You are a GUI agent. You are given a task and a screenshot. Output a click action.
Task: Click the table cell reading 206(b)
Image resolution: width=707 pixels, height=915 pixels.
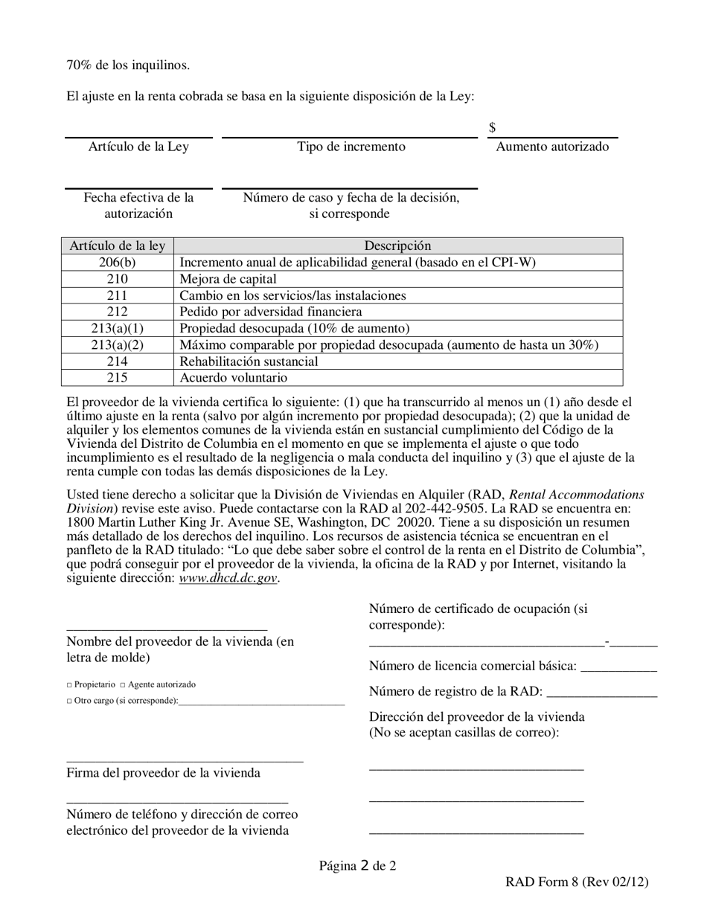click(117, 263)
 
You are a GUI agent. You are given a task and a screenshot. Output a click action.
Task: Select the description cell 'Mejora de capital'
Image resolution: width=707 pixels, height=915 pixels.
click(228, 279)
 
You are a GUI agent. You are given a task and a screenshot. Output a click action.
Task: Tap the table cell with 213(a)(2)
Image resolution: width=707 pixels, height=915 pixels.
click(117, 345)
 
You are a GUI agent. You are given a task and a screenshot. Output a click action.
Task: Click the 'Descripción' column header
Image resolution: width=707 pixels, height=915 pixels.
click(397, 245)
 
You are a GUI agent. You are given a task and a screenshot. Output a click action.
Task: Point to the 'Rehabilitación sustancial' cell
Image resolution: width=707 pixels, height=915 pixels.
click(249, 362)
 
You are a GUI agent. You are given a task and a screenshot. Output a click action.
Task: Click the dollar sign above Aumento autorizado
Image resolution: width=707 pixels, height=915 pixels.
click(493, 128)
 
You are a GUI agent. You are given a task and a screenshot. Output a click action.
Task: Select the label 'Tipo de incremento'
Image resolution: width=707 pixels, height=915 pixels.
click(351, 147)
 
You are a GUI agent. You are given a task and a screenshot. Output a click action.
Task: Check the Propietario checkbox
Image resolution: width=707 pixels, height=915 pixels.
click(69, 685)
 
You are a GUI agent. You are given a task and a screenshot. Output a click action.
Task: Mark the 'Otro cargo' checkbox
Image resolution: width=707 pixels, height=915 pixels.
click(69, 701)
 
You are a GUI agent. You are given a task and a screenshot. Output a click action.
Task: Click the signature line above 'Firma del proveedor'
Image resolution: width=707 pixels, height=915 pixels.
click(185, 760)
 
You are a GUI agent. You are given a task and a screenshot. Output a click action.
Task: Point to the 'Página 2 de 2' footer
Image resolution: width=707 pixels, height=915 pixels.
click(357, 865)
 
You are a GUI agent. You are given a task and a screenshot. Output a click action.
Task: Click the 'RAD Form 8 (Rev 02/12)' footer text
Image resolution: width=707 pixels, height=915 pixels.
click(577, 882)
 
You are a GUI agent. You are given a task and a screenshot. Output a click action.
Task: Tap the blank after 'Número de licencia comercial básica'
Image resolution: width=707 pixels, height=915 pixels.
click(618, 669)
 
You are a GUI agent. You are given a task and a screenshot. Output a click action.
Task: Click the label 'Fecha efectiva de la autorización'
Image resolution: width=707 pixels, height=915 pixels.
click(138, 206)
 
